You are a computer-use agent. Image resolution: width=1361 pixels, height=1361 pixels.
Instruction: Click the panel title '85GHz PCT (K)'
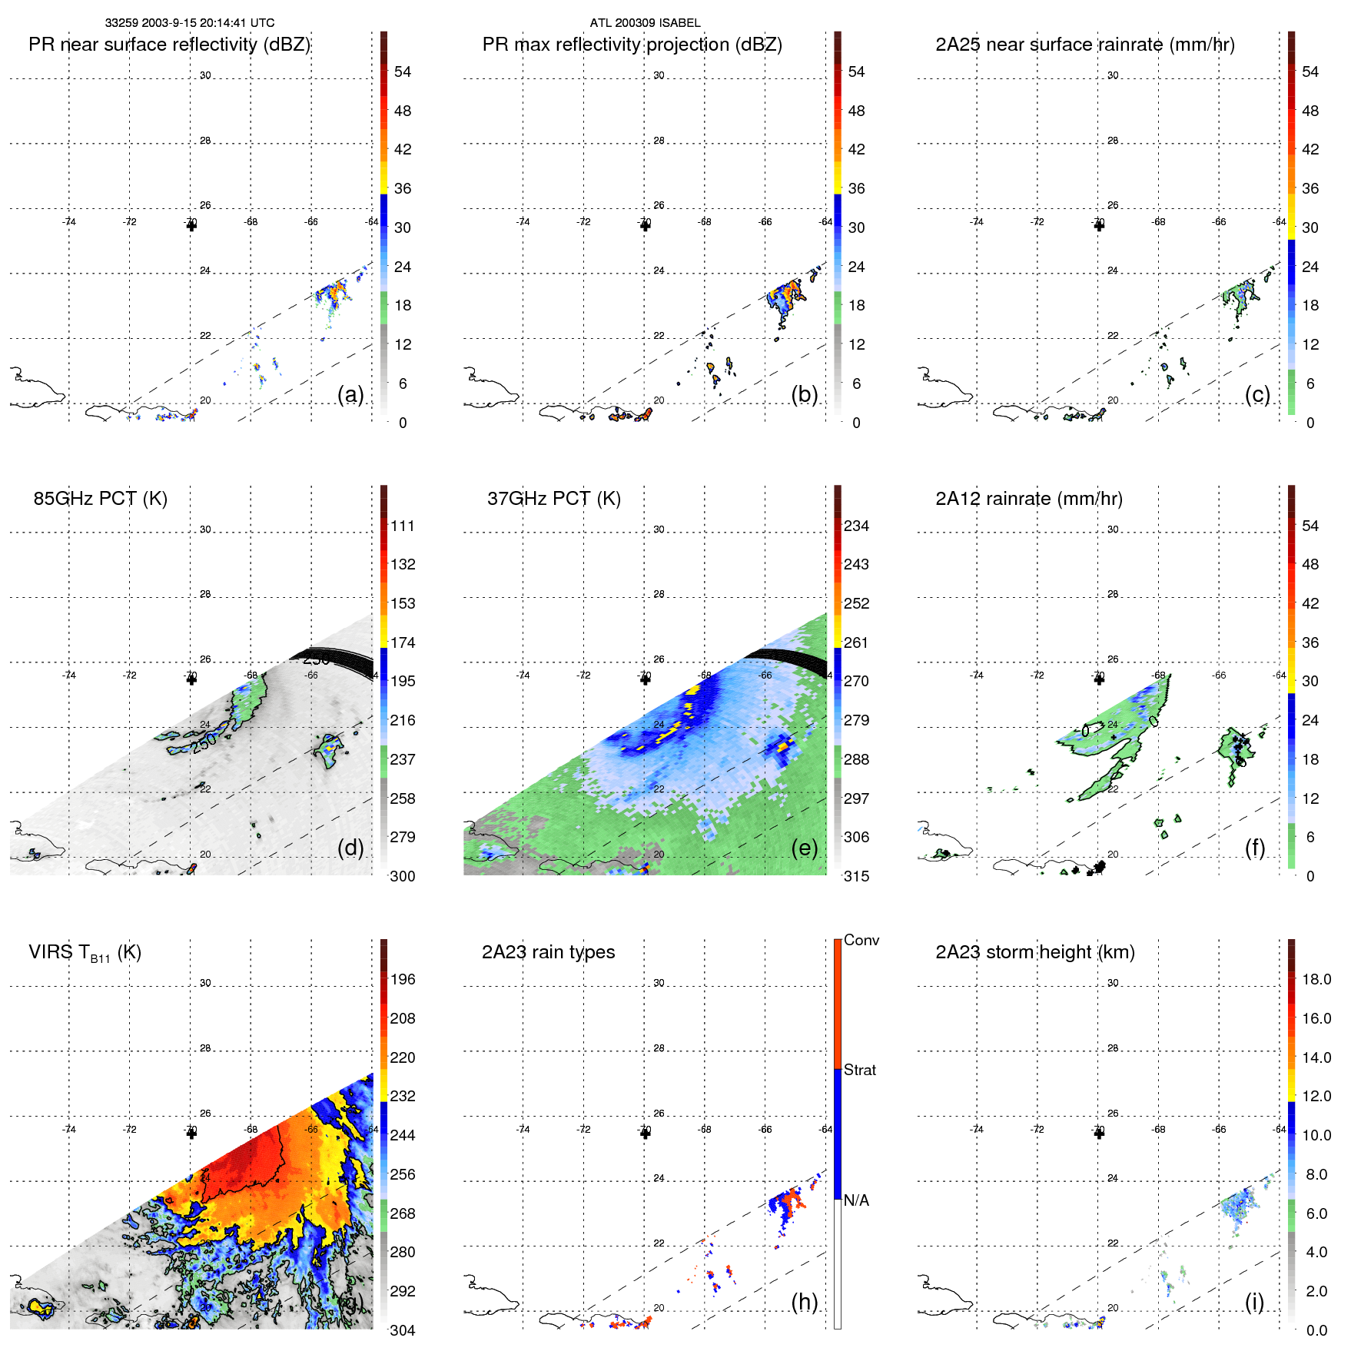[100, 499]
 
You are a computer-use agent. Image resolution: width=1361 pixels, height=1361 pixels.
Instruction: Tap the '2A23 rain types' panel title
[548, 952]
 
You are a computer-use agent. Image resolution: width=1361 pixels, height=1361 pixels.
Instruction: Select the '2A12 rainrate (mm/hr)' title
[1028, 499]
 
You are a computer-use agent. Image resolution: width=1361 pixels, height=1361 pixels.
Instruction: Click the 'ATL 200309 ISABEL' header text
[645, 23]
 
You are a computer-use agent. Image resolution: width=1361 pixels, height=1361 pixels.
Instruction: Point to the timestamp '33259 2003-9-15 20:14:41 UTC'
[189, 23]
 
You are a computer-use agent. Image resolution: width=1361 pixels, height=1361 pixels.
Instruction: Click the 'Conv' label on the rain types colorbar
[861, 941]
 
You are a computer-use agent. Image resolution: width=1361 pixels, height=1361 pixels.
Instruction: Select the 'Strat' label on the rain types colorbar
[859, 1071]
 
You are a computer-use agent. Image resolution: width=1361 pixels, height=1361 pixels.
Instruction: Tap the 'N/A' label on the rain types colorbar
[856, 1200]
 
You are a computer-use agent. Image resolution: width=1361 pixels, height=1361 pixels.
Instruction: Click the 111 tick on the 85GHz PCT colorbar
[403, 526]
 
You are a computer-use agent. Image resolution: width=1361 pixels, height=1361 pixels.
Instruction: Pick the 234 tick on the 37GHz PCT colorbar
[856, 526]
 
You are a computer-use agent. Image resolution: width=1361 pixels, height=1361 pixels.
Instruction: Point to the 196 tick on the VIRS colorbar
[403, 980]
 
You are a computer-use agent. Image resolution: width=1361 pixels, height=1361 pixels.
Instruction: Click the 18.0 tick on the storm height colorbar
[1316, 980]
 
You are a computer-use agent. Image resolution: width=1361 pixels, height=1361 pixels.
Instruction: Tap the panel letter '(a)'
[350, 395]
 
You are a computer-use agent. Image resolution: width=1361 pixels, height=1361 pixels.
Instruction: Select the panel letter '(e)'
[804, 848]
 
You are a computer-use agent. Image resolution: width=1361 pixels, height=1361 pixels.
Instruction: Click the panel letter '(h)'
[804, 1302]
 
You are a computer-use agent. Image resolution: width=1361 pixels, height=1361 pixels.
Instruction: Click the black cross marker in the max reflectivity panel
[645, 226]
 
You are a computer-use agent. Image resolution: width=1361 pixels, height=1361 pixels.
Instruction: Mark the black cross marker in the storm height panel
[1099, 1134]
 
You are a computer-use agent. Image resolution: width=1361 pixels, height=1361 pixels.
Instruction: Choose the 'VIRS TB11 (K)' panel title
[85, 953]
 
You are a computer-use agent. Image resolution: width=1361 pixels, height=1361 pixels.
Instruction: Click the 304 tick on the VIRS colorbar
[403, 1330]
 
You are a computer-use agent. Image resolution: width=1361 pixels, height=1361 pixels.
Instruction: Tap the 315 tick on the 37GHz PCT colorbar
[856, 877]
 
